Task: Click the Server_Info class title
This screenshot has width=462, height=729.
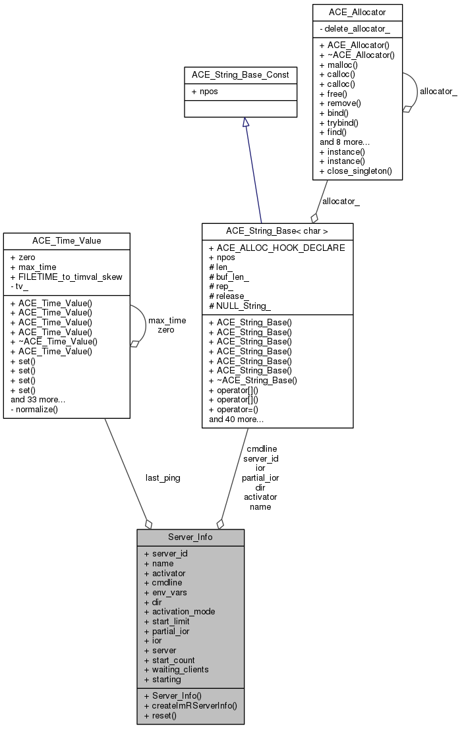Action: pyautogui.click(x=190, y=537)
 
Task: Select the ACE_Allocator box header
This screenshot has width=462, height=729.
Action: pyautogui.click(x=357, y=12)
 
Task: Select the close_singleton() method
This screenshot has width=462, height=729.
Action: pyautogui.click(x=355, y=171)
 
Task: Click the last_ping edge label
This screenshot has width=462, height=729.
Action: pyautogui.click(x=163, y=477)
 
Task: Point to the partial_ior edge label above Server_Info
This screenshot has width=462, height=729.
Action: pyautogui.click(x=260, y=477)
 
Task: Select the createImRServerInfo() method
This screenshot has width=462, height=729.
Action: pyautogui.click(x=190, y=705)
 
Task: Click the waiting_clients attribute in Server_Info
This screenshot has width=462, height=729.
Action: pyautogui.click(x=176, y=669)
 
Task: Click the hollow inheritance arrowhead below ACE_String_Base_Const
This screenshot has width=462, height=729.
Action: pyautogui.click(x=245, y=122)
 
